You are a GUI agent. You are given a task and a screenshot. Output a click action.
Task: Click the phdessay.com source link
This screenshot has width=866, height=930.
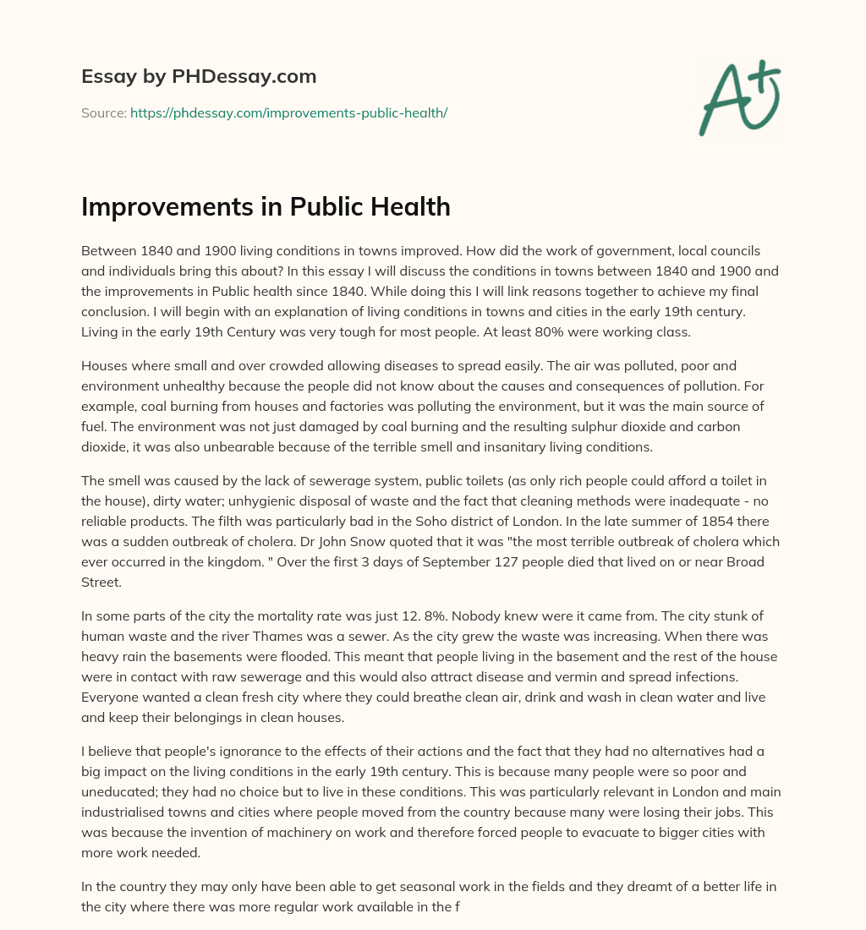click(x=288, y=112)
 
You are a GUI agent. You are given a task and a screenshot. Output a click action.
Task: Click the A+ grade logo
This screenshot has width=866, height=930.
click(x=738, y=97)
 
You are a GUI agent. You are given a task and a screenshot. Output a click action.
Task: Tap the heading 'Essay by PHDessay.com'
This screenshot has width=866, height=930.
click(x=199, y=77)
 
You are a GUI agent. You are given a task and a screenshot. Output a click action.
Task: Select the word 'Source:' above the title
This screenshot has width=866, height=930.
click(x=103, y=112)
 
